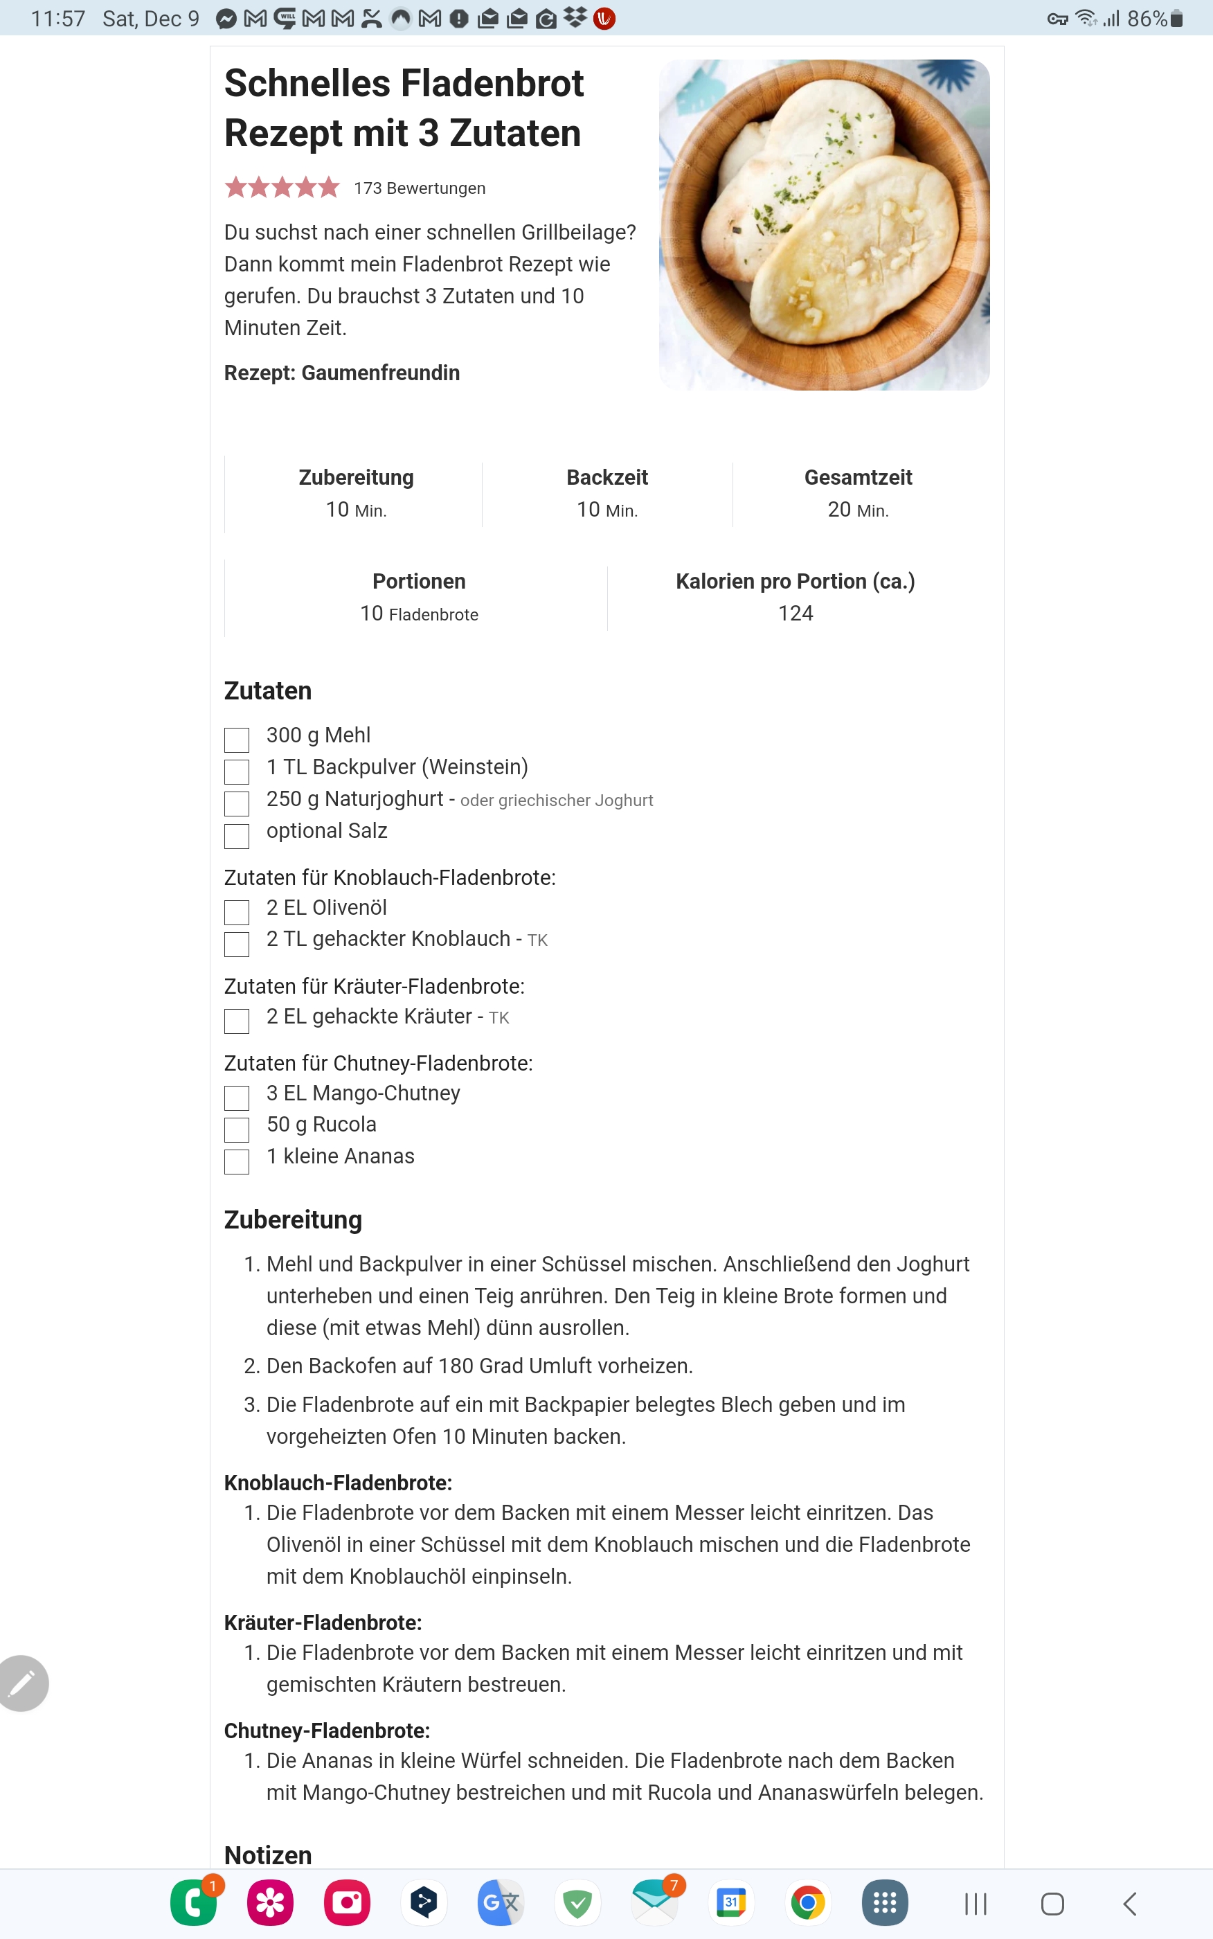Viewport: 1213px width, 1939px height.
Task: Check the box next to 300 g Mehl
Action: pos(237,740)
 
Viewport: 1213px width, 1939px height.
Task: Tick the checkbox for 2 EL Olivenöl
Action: pos(237,912)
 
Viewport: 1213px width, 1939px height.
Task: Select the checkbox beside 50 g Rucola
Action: pos(237,1129)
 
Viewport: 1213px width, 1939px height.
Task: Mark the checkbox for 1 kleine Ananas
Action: pos(237,1161)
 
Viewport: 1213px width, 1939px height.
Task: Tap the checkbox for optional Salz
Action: pos(237,836)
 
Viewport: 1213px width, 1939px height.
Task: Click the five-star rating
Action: pos(282,188)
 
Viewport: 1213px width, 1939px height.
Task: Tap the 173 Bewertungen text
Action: pos(420,188)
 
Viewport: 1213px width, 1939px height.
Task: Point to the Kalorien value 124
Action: pos(795,614)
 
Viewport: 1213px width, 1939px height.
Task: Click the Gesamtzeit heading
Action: pos(858,477)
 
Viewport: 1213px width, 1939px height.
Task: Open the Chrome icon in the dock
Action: pos(808,1903)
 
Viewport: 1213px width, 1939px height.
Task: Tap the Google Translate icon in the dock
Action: pos(500,1903)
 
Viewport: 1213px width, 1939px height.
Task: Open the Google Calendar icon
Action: pos(731,1903)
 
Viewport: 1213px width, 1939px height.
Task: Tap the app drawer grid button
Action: pos(884,1903)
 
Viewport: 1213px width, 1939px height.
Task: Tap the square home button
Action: pos(1052,1904)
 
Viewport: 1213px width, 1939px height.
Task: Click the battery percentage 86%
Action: pos(1147,19)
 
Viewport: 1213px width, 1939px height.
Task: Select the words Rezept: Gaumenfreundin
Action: pos(342,373)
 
